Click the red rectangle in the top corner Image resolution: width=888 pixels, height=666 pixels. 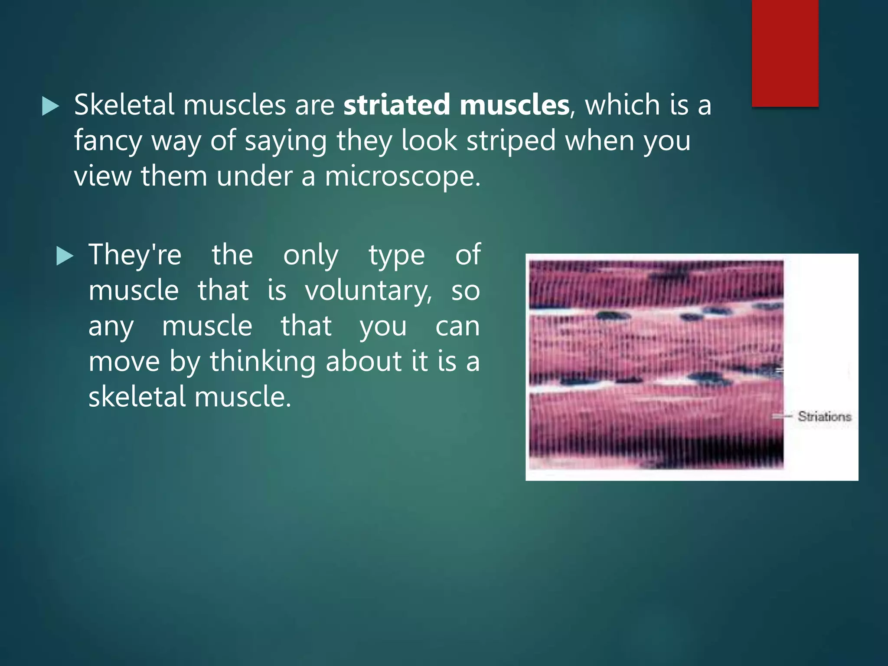pos(785,53)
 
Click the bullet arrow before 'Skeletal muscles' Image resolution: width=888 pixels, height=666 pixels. pos(50,106)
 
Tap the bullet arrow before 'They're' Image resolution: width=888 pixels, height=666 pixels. pos(65,256)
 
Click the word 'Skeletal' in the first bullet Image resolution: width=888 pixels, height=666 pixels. pos(124,105)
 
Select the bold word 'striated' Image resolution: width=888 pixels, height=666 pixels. pos(396,105)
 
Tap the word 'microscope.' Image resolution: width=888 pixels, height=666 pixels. pos(403,177)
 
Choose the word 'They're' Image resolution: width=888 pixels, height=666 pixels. pos(135,255)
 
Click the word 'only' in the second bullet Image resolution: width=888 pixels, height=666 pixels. pos(310,256)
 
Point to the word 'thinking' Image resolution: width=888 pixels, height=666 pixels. pos(263,361)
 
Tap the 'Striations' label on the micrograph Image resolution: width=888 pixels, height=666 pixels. pos(824,417)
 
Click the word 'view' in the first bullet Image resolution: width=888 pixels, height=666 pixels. pos(102,177)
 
